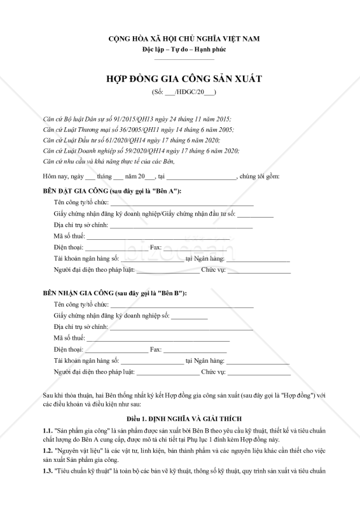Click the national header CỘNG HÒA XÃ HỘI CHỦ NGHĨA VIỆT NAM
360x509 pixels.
point(179,39)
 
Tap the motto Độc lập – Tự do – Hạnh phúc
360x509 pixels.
point(179,50)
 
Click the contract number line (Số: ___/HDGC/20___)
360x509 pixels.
point(180,93)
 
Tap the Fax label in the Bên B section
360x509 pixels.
point(155,349)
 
